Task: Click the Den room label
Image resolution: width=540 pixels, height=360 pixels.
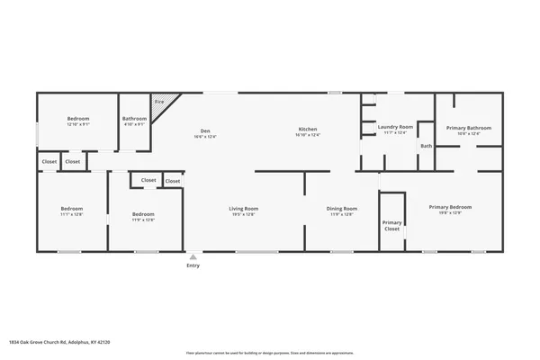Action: pos(205,130)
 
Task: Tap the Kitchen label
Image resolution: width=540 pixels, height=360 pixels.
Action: pos(308,130)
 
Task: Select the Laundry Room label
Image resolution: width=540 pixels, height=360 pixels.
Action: pos(395,128)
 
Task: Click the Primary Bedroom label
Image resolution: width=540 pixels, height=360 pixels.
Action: pos(450,207)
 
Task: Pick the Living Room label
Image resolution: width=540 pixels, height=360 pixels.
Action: pos(244,209)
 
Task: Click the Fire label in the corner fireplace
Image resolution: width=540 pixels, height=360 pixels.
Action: pos(159,103)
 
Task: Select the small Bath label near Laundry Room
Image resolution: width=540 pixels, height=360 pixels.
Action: pos(426,146)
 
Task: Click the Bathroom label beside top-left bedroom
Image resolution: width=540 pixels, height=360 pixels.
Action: pos(135,119)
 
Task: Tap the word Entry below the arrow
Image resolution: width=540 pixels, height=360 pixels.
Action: pos(193,265)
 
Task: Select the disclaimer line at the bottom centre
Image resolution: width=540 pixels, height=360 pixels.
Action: pos(270,353)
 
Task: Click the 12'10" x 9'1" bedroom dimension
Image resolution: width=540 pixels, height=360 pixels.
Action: pos(78,125)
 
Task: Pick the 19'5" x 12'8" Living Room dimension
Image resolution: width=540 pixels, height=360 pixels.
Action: pos(244,215)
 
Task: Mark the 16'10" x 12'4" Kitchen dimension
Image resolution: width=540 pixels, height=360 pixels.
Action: pos(308,137)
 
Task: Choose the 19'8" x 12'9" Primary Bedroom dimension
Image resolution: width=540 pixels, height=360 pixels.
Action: pos(450,213)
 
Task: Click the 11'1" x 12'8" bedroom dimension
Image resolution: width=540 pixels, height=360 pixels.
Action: pos(71,215)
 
